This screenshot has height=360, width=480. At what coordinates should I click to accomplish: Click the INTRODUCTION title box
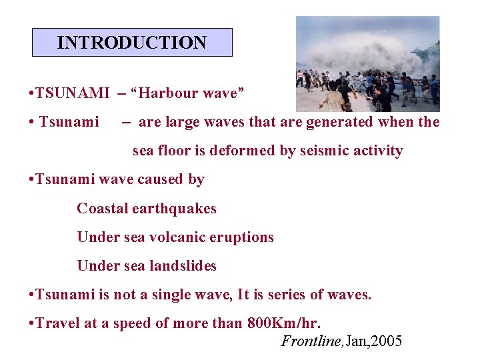click(132, 43)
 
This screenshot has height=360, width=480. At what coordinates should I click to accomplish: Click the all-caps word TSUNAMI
click(73, 93)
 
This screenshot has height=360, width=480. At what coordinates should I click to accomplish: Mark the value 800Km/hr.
click(283, 323)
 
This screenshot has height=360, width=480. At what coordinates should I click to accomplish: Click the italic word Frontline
click(309, 341)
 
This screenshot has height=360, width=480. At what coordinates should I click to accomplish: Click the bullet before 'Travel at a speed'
click(31, 323)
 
